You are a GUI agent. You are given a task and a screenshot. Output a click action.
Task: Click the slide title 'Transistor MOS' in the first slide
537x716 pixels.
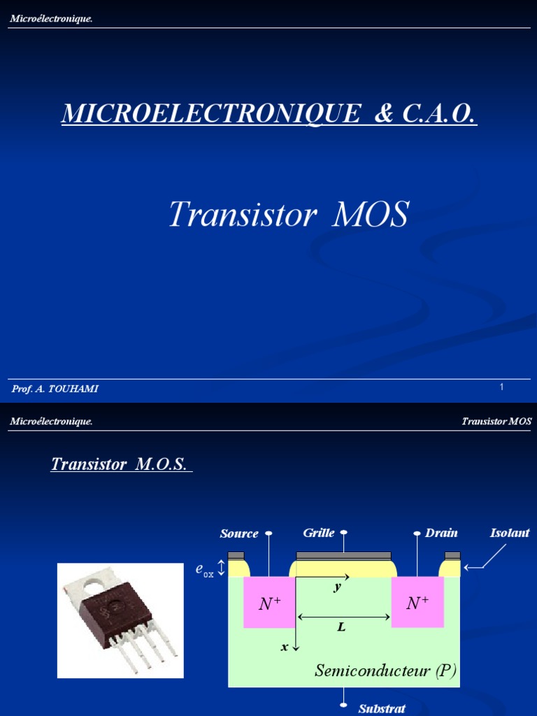click(x=288, y=215)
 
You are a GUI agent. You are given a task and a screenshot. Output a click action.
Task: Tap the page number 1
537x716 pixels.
click(x=502, y=387)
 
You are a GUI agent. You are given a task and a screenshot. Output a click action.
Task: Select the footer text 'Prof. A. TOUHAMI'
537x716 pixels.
click(x=55, y=389)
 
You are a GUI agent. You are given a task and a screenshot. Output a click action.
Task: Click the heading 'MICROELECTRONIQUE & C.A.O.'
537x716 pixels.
click(x=269, y=113)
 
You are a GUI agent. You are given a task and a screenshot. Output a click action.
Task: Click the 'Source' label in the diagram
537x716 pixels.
click(x=239, y=534)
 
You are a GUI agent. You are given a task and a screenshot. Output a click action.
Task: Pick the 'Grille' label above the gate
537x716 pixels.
click(x=319, y=533)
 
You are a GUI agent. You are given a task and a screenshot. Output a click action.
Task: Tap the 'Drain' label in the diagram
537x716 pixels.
click(x=441, y=533)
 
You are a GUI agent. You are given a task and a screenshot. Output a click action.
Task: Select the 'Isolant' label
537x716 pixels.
click(x=510, y=533)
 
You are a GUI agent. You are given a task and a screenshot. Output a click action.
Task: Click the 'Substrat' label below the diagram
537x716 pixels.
click(x=382, y=708)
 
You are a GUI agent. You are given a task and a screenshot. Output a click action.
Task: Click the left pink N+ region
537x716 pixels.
click(x=269, y=603)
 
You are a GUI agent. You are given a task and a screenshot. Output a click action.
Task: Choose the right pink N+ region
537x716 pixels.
click(x=417, y=603)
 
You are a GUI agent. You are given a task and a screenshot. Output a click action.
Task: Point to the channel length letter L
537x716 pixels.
click(x=341, y=627)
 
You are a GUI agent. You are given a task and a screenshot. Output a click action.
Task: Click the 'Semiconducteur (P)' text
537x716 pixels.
click(x=385, y=671)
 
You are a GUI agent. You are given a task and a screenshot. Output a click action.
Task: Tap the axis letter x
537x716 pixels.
click(x=285, y=647)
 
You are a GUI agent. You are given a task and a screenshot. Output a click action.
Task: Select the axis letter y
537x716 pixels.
click(x=337, y=587)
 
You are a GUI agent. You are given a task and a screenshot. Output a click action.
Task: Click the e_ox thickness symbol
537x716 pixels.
click(x=204, y=571)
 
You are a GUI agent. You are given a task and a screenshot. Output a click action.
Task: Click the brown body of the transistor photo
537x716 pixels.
click(x=115, y=608)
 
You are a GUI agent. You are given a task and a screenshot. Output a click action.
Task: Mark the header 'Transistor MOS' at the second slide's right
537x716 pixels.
click(x=496, y=421)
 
